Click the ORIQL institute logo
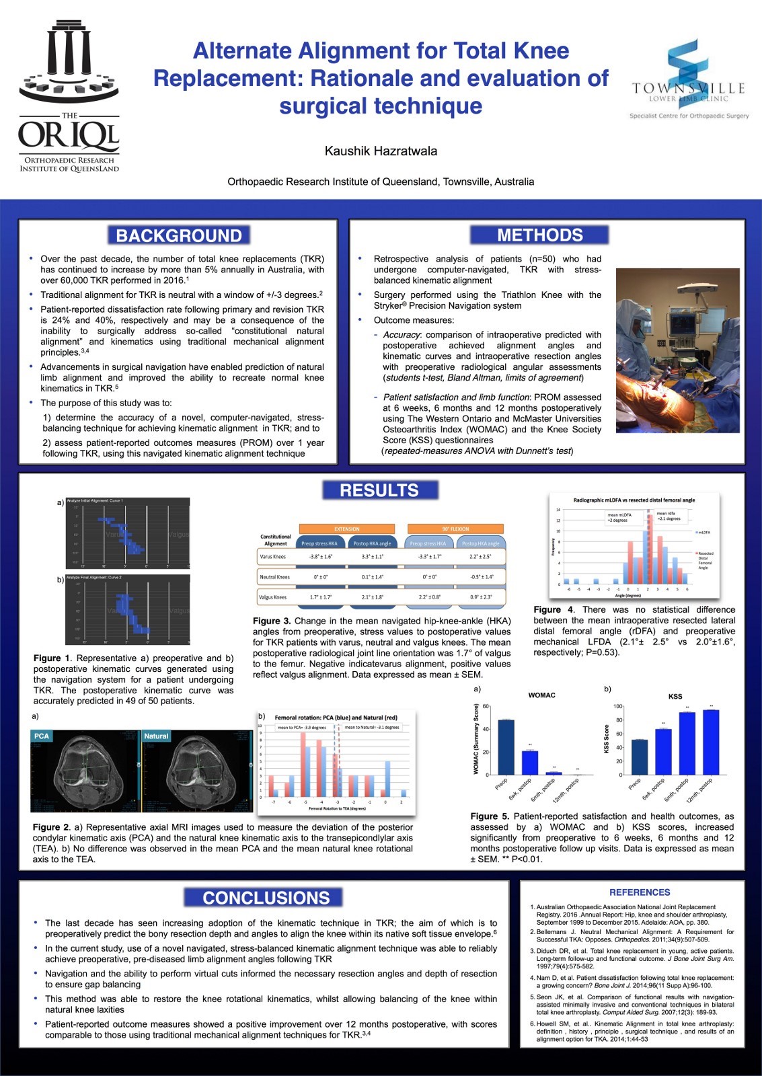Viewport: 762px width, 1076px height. [x=69, y=98]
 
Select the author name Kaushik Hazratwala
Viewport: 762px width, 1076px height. [x=381, y=151]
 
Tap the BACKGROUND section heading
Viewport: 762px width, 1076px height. [x=178, y=235]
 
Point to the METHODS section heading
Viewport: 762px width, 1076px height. [x=539, y=235]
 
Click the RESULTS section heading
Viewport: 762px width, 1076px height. [x=379, y=490]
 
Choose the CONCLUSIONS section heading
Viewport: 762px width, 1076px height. [x=266, y=898]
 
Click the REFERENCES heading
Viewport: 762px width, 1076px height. [x=640, y=892]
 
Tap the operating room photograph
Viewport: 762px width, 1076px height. [x=677, y=350]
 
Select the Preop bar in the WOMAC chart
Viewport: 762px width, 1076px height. [x=506, y=747]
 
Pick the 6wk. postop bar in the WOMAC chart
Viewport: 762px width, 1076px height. [x=530, y=763]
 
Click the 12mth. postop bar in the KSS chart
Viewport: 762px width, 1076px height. [x=711, y=742]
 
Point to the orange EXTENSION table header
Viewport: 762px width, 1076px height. [x=346, y=529]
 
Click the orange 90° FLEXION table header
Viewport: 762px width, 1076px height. [x=456, y=529]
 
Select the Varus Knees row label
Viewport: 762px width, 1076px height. [x=273, y=557]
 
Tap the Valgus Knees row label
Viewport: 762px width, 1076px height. [x=273, y=597]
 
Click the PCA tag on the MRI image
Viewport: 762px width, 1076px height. [x=42, y=736]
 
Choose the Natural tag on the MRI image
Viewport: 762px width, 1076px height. [x=156, y=736]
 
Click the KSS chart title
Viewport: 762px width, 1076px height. [x=675, y=697]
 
